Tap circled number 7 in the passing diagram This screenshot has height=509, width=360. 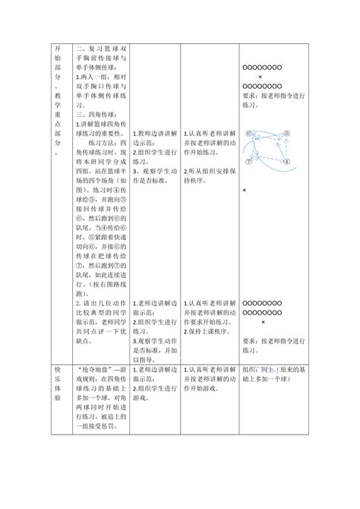click(x=249, y=162)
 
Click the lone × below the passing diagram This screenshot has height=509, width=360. click(x=245, y=190)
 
